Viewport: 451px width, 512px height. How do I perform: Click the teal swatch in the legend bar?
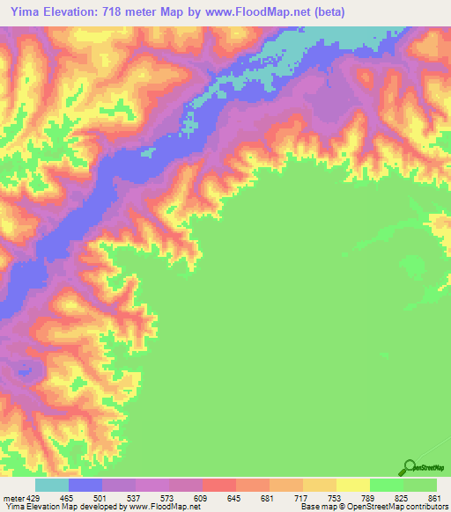52,485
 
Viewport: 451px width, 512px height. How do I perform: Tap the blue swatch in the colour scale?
85,485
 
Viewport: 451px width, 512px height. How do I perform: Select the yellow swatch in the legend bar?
352,485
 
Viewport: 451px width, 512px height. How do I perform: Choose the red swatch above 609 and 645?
218,485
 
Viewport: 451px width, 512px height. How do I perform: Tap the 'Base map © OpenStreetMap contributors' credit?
374,507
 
